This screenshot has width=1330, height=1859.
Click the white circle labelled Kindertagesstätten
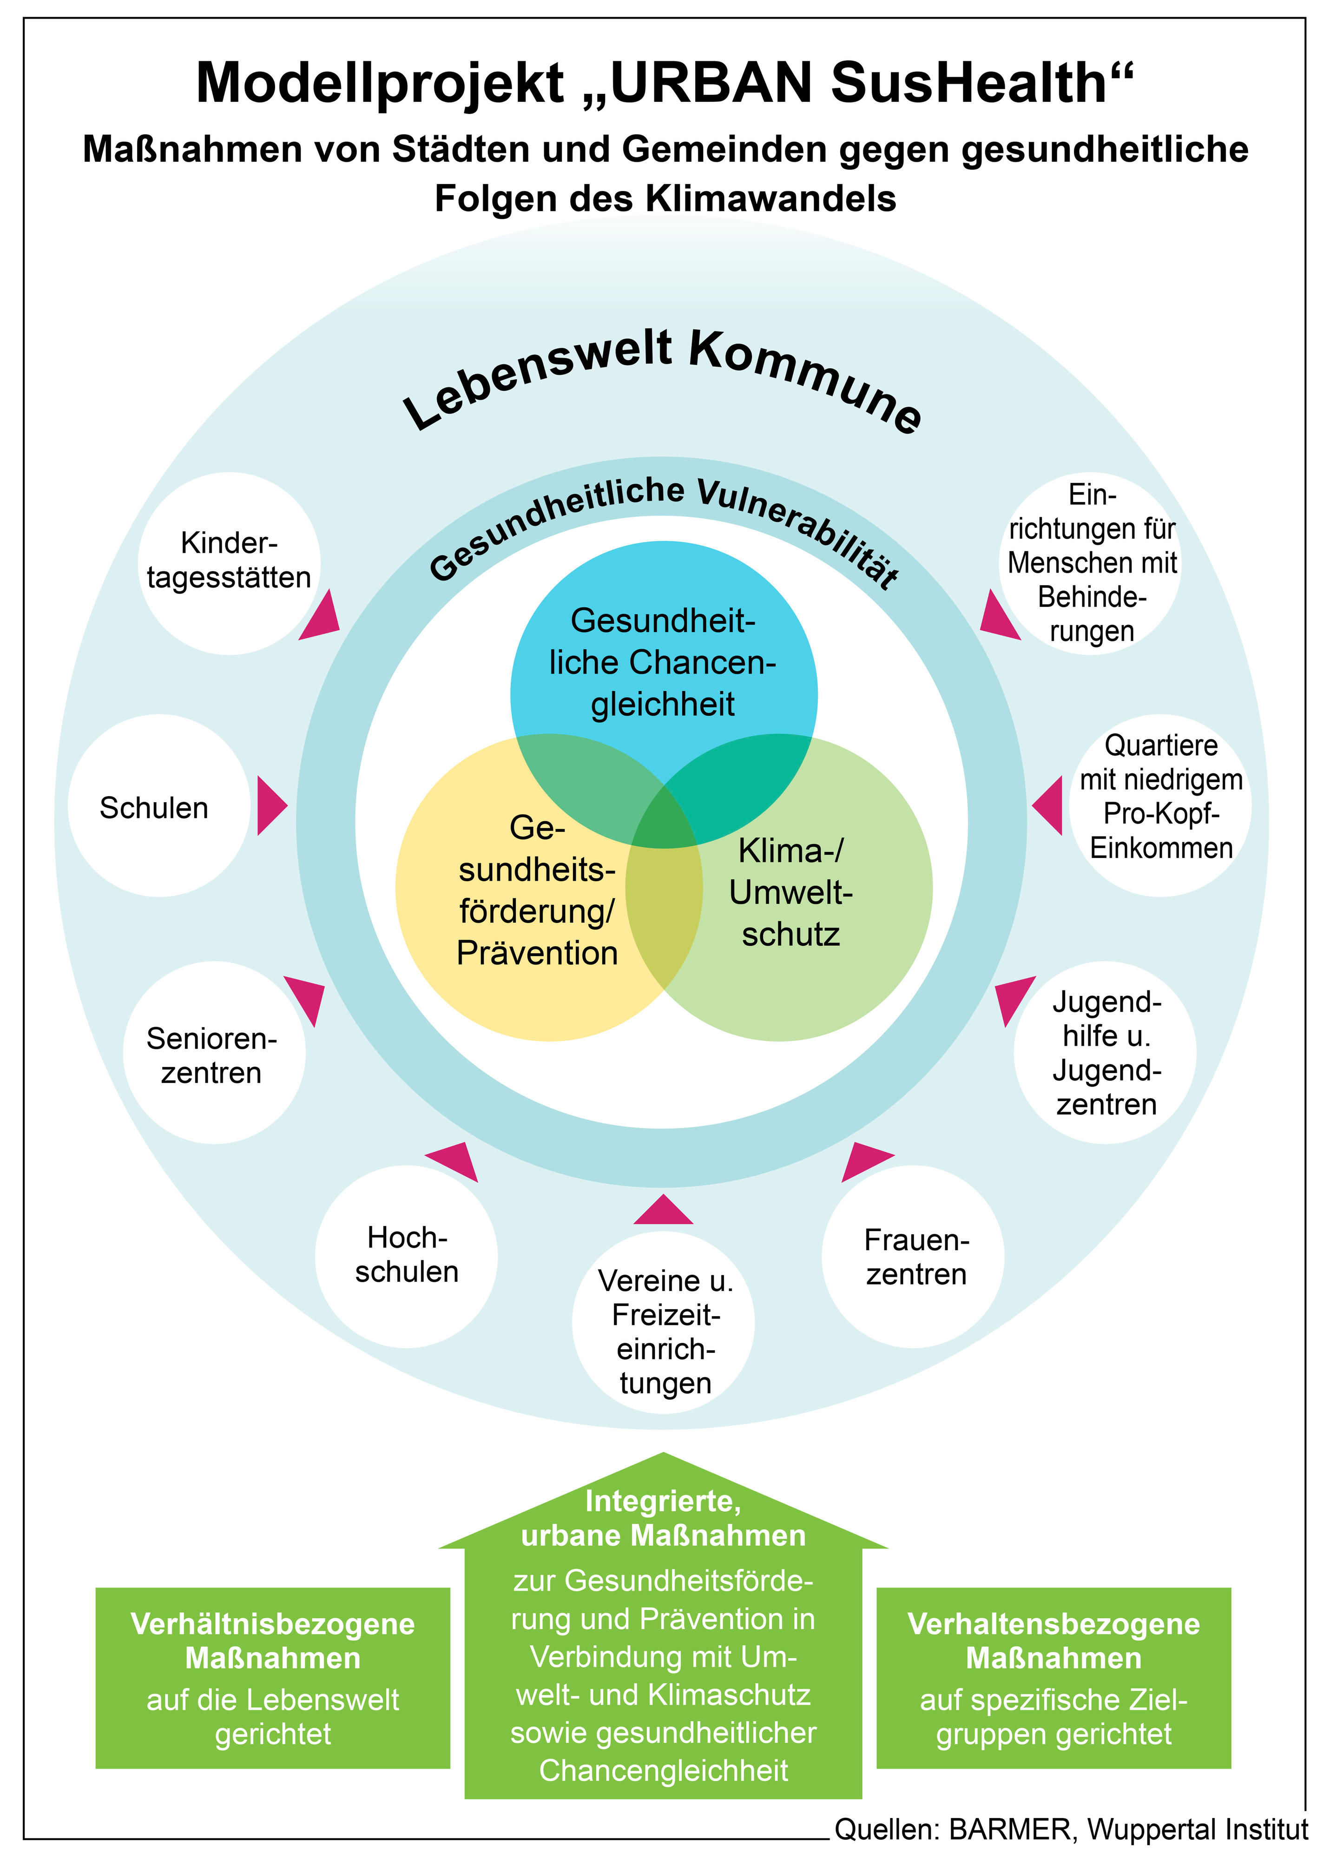229,563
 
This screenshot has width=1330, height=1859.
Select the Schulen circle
159,806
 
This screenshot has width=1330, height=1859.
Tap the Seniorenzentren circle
214,1053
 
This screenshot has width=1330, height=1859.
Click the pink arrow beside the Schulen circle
271,806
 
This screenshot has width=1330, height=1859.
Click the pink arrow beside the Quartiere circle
1049,806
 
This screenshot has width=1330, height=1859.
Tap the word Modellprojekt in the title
380,84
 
